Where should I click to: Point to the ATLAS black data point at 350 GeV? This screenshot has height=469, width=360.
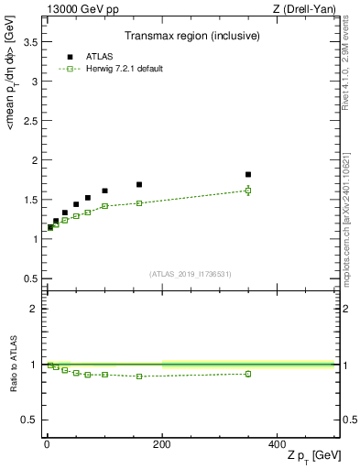[248, 174]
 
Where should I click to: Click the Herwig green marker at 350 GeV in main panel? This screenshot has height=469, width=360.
[248, 191]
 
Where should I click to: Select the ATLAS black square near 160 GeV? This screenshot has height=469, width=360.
[139, 184]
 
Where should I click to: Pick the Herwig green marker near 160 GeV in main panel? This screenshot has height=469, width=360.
[139, 203]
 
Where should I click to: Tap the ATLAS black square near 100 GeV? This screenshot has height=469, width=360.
[104, 191]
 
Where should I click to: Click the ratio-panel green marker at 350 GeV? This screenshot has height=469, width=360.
[248, 374]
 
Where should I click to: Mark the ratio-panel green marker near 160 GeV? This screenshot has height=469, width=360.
[139, 376]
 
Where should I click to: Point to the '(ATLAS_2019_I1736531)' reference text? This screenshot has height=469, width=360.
[191, 274]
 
